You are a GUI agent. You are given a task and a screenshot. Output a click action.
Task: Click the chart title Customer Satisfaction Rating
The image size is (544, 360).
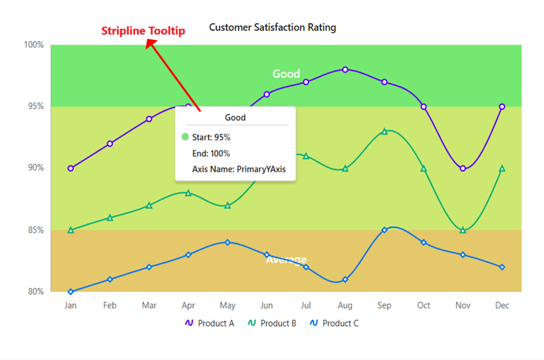[x=272, y=27]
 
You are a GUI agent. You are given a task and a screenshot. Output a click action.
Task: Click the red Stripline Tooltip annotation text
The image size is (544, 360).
[x=143, y=31]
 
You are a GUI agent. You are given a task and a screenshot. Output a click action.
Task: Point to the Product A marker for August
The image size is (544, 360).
[x=345, y=69]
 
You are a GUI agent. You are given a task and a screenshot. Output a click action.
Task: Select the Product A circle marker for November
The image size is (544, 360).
[x=462, y=168]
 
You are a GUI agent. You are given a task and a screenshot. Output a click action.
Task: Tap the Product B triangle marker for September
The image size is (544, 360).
[x=384, y=131]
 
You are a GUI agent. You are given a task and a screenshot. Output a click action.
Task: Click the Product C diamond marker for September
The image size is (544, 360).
[x=384, y=230]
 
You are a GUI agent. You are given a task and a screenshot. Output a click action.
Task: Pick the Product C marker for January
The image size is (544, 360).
[x=71, y=292]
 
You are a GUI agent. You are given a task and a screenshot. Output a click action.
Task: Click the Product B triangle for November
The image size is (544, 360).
[x=462, y=230]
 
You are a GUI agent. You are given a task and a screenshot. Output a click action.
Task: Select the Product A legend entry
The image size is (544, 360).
[x=210, y=323]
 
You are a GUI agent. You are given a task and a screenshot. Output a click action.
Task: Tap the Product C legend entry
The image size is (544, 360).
[x=334, y=323]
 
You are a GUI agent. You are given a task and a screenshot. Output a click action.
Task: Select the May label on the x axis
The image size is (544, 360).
[x=227, y=306]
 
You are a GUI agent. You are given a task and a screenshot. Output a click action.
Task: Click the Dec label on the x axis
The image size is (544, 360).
[x=502, y=306]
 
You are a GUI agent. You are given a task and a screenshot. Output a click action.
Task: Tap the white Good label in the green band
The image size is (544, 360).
[x=286, y=74]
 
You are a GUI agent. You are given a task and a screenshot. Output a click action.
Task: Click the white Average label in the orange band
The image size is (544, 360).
[x=286, y=260]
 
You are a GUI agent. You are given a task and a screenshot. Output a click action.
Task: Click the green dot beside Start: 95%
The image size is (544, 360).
[x=185, y=137]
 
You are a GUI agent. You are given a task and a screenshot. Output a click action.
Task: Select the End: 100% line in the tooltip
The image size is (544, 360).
[x=211, y=154]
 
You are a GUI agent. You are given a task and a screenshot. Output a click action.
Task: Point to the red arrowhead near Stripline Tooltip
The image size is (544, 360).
[x=150, y=45]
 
